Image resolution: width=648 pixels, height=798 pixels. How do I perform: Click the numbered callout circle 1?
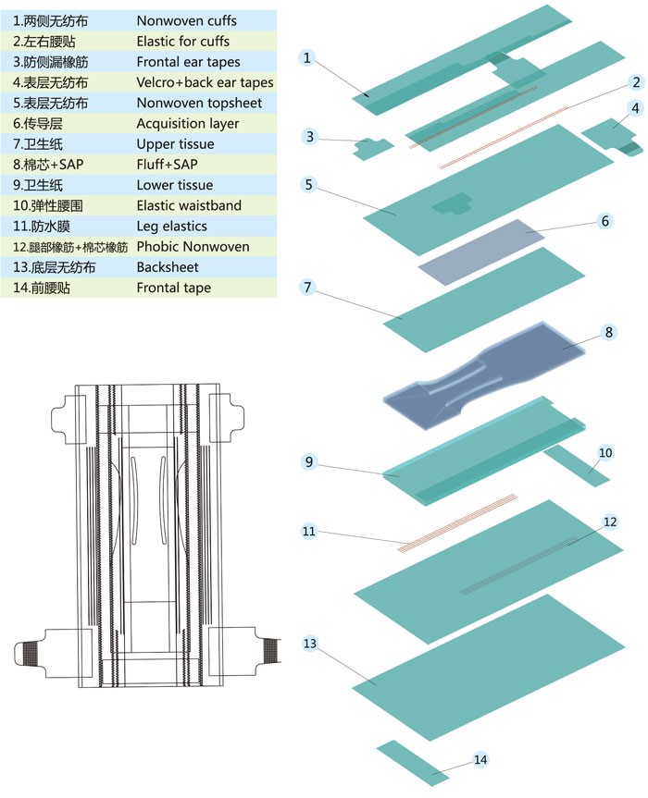(x=307, y=57)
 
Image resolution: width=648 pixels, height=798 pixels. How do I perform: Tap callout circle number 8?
(x=608, y=331)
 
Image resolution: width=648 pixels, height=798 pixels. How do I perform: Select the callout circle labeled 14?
(x=480, y=760)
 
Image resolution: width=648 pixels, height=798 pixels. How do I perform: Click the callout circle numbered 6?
(x=604, y=221)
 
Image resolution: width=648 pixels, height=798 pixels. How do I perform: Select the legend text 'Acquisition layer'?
(x=188, y=124)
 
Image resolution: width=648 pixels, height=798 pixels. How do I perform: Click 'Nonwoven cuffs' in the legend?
(x=186, y=20)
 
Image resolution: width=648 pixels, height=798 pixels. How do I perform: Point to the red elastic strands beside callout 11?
(x=458, y=522)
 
